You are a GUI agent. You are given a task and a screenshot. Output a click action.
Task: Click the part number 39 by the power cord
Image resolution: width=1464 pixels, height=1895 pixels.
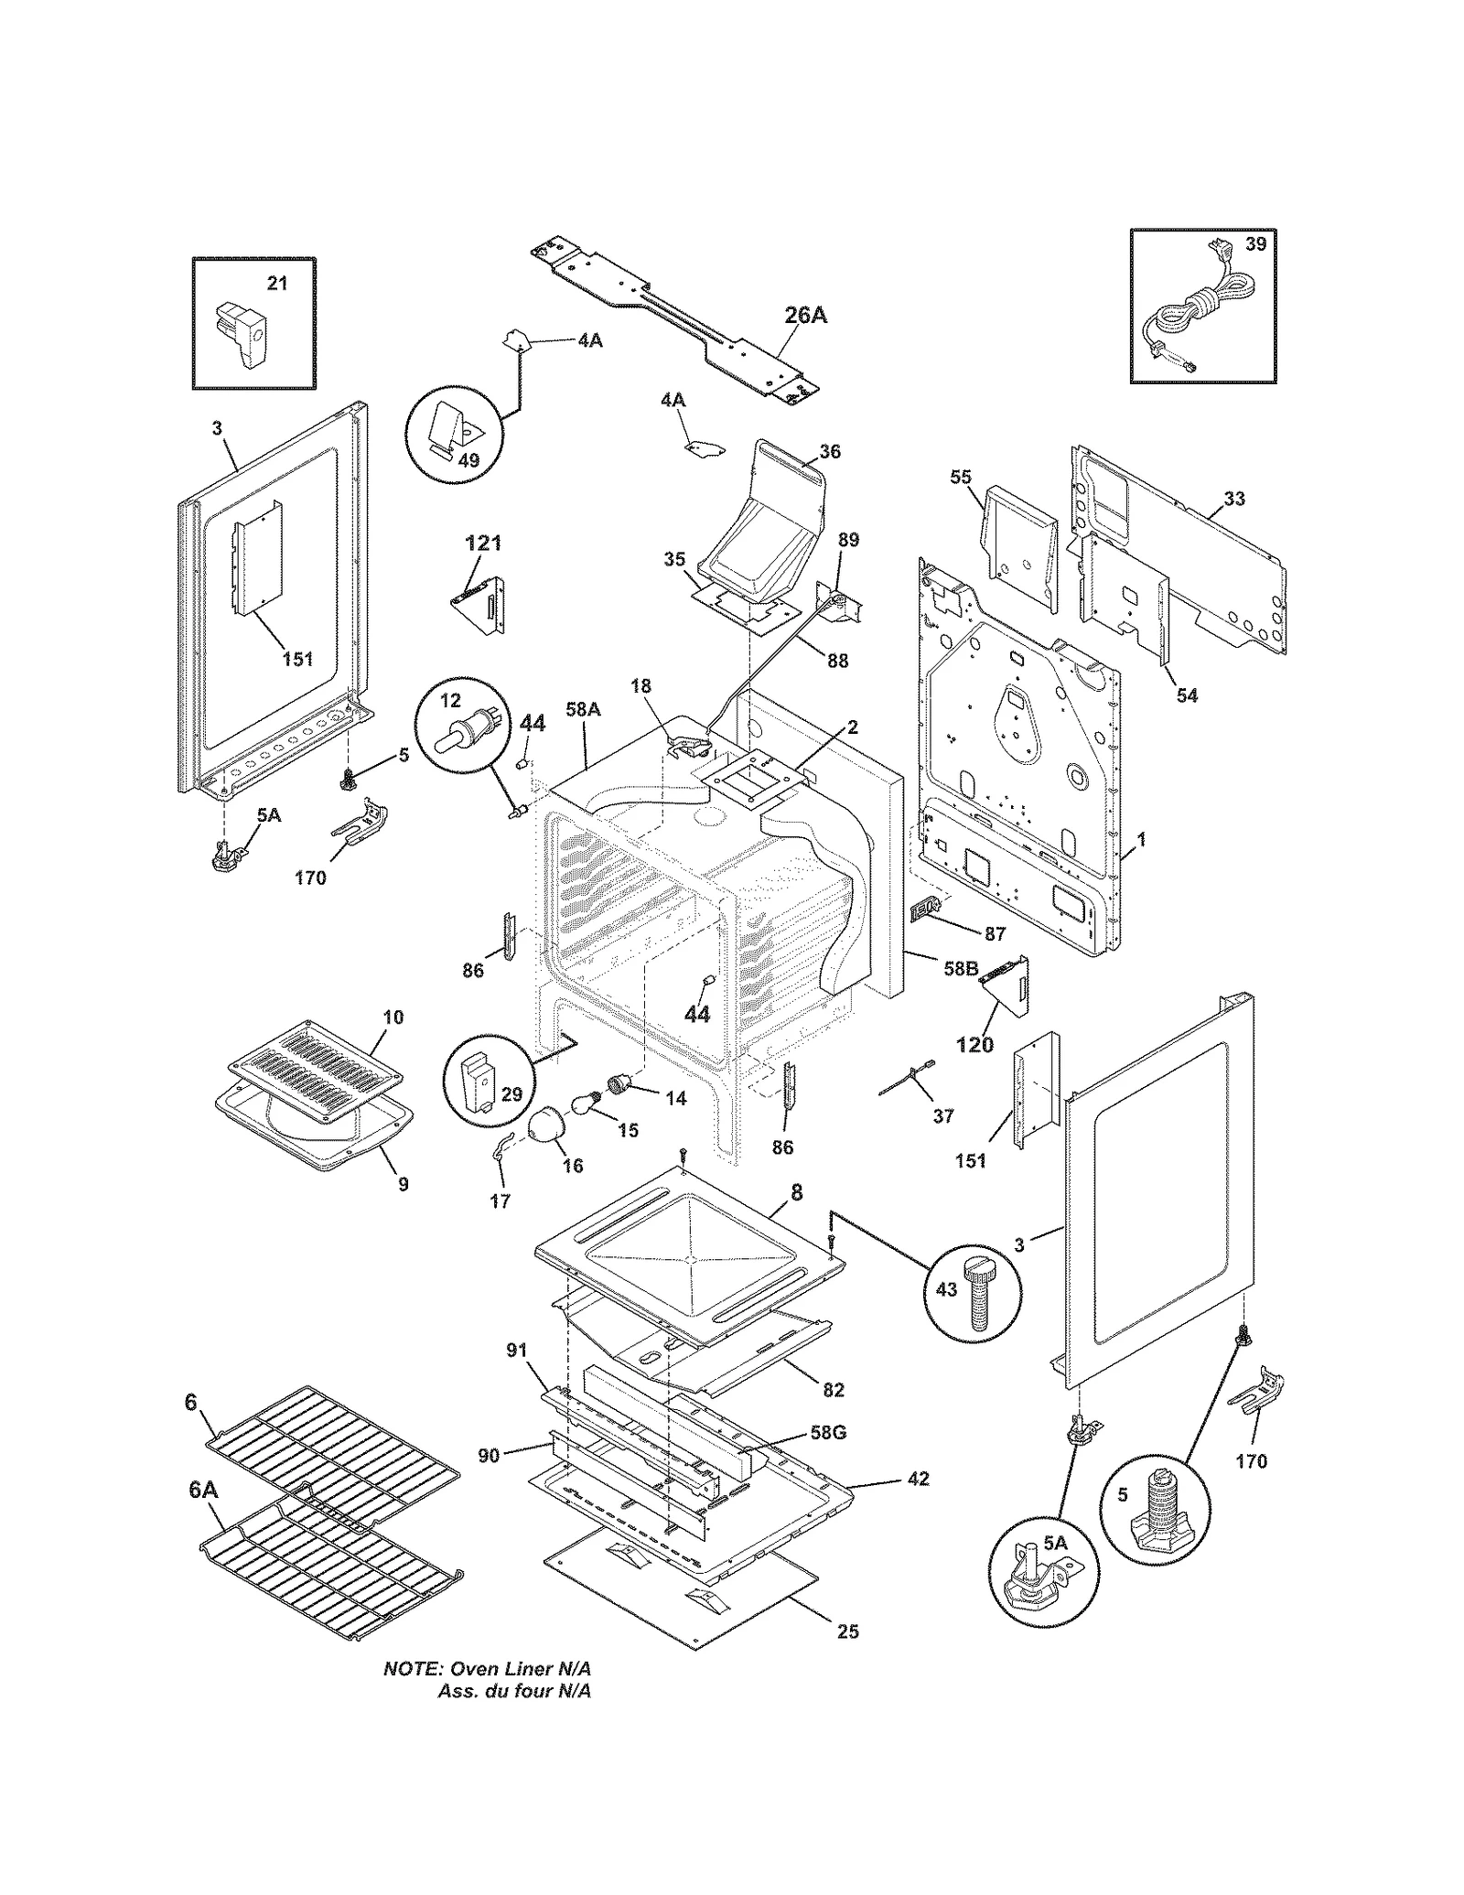click(1256, 244)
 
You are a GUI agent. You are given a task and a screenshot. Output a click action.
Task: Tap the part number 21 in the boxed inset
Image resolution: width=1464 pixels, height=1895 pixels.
click(277, 284)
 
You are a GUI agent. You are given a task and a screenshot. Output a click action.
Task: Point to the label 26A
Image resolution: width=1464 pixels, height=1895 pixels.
click(805, 316)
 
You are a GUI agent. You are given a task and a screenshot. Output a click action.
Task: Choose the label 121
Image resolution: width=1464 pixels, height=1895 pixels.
click(483, 544)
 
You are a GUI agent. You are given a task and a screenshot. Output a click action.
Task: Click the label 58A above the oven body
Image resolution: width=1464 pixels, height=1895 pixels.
click(583, 708)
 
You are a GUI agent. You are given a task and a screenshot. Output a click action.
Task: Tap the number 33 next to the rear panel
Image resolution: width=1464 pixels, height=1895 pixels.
click(1233, 499)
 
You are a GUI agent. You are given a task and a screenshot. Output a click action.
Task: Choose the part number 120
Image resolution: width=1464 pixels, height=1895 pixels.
click(974, 1044)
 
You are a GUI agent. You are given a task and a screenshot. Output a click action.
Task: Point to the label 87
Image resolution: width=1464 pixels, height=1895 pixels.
click(995, 934)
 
